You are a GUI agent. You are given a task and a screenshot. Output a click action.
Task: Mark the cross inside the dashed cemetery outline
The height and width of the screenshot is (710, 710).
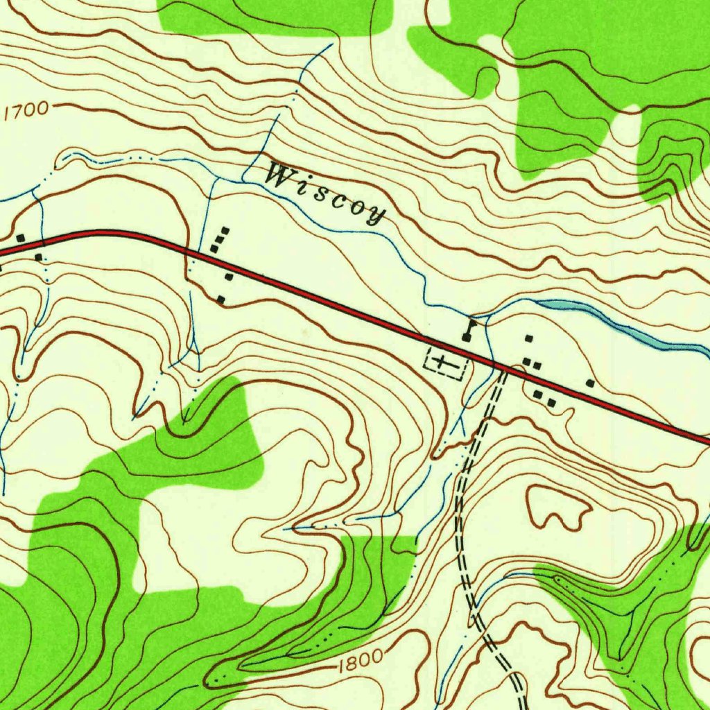click(x=442, y=362)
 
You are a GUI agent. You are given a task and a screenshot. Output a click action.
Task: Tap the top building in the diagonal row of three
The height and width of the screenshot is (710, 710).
click(x=225, y=230)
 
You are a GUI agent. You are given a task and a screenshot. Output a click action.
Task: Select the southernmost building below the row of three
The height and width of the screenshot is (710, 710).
click(x=220, y=299)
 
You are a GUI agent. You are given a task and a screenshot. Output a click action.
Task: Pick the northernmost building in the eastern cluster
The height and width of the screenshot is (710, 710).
click(x=529, y=339)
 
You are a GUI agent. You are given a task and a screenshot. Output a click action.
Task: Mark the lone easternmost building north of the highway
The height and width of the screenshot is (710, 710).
click(x=590, y=382)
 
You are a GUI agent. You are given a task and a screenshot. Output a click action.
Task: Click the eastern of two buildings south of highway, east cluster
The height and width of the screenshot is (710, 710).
click(x=551, y=402)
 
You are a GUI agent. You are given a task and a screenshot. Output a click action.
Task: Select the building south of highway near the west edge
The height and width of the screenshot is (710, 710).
click(x=38, y=257)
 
